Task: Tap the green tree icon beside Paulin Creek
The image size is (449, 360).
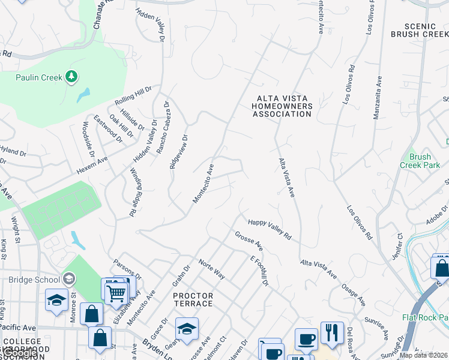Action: pos(71,76)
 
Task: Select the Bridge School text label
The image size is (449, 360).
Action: pos(34,280)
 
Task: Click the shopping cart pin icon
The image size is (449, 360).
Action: pos(115,293)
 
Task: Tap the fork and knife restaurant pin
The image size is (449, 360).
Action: pos(332,333)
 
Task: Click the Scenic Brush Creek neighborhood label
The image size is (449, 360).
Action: pos(419,30)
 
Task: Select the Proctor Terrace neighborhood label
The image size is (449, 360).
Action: pos(193,299)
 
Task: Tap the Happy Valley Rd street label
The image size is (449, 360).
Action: pos(270,229)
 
